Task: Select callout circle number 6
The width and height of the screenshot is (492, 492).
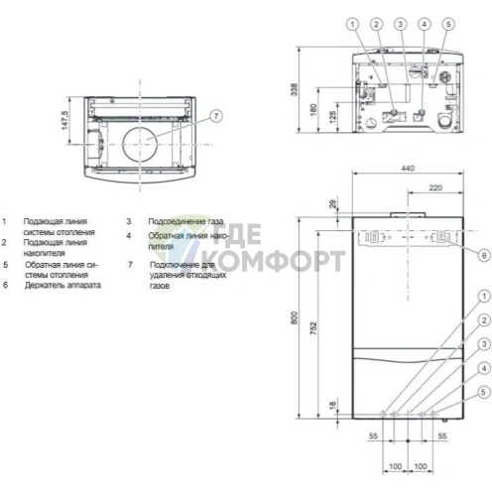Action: click(x=483, y=255)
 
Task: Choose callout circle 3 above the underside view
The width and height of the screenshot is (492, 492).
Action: click(x=400, y=22)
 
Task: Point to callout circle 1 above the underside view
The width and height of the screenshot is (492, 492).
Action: click(x=352, y=22)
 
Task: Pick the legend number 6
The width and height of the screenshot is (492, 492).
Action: click(x=5, y=286)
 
